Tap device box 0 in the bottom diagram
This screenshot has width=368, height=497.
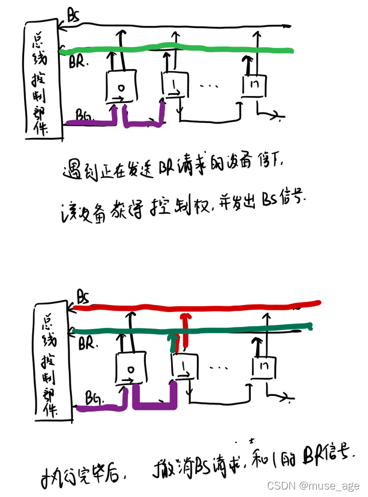131,368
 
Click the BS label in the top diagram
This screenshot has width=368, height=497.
73,16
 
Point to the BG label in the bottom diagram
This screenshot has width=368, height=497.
94,396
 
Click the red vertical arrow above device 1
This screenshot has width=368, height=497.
184,330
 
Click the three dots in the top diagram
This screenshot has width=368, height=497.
210,86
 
